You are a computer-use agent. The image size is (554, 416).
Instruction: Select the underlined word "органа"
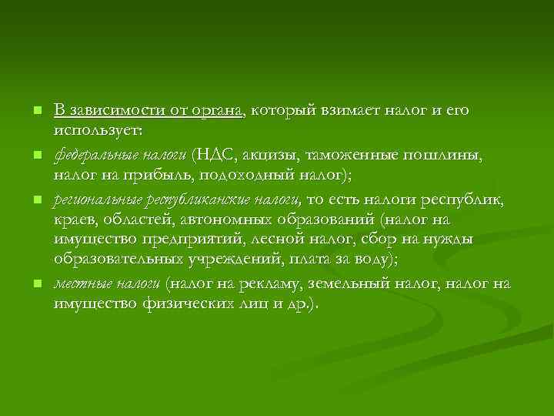pos(217,110)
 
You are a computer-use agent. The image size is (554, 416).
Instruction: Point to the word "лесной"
pos(303,240)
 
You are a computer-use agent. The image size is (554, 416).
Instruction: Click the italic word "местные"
pos(77,283)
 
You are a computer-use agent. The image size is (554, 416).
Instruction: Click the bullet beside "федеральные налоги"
pos(35,156)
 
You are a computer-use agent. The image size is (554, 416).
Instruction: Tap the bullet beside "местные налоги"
pos(35,285)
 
